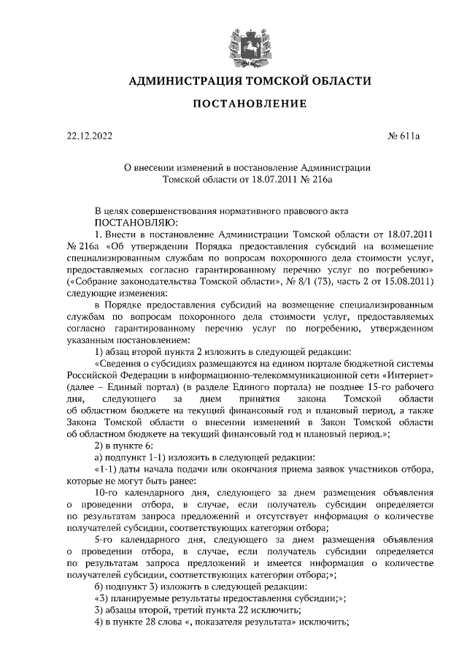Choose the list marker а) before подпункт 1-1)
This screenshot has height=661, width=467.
click(100, 457)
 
